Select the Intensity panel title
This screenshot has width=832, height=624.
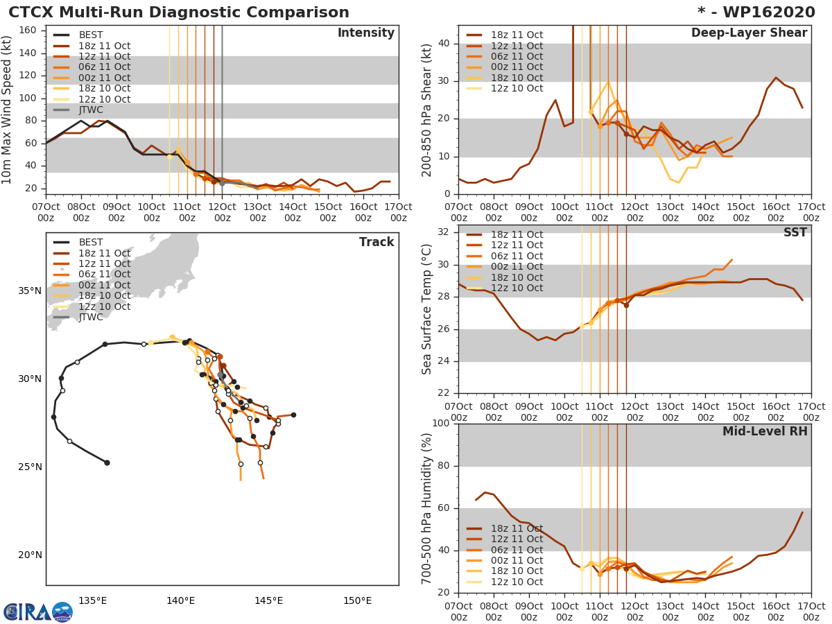[365, 33]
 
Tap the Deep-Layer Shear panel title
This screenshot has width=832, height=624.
[749, 33]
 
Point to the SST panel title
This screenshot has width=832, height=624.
[795, 233]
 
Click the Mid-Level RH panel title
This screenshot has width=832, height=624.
[765, 432]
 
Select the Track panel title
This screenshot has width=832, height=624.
[376, 242]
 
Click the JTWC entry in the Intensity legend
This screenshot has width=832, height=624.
[91, 110]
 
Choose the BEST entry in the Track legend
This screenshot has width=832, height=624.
[91, 242]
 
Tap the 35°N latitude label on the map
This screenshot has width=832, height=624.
[30, 291]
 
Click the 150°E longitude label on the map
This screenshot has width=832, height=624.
[357, 600]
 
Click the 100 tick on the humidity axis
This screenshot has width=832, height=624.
[442, 424]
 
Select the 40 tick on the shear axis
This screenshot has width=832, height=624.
[445, 44]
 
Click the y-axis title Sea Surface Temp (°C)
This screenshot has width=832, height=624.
[427, 309]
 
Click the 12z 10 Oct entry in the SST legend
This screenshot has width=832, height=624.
[517, 288]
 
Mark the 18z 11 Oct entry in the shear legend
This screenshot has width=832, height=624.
[517, 35]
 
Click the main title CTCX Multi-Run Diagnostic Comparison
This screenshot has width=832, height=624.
[179, 12]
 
